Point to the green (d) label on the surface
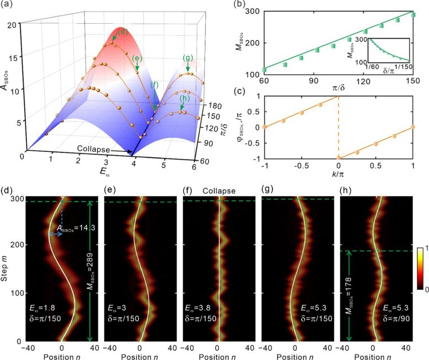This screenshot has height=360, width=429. pyautogui.click(x=122, y=31)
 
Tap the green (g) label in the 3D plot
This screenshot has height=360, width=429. pyautogui.click(x=190, y=57)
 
